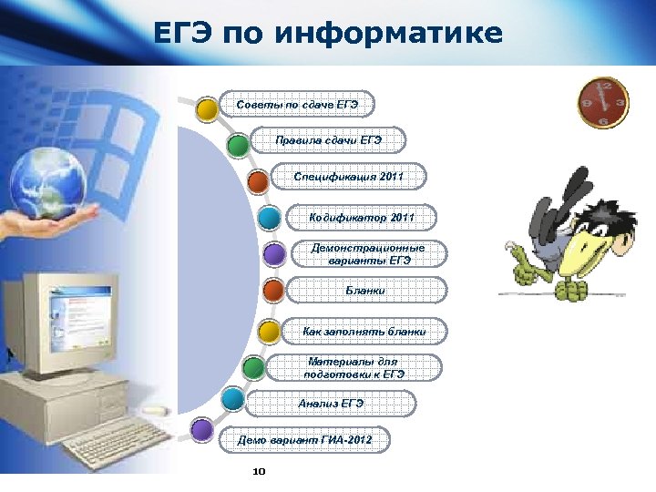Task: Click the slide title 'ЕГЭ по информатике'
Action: click(328, 34)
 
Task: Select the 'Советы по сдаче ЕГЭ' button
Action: click(297, 106)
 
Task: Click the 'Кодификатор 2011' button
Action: click(361, 218)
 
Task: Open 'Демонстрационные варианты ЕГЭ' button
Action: click(367, 254)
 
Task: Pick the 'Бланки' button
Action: click(365, 291)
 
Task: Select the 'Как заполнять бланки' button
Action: click(364, 332)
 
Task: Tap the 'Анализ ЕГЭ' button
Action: click(331, 403)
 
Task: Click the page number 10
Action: click(257, 472)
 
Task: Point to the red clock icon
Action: click(602, 101)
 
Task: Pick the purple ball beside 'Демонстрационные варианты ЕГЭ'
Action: click(272, 254)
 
